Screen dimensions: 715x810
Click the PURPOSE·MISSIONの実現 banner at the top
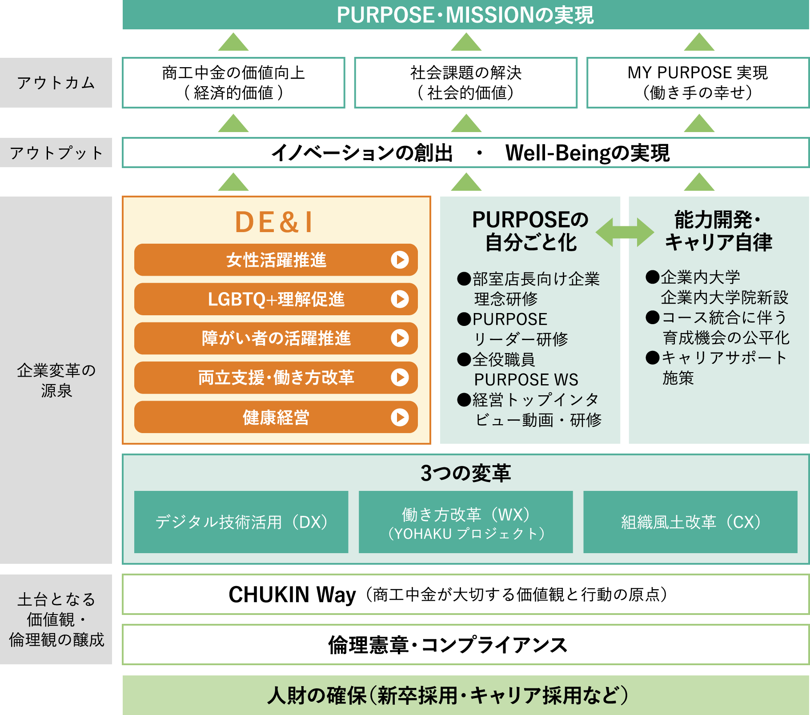[x=465, y=15]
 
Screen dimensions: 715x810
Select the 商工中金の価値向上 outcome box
[x=233, y=83]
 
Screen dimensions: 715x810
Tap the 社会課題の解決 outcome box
[x=465, y=83]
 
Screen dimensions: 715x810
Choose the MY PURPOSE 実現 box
[x=698, y=83]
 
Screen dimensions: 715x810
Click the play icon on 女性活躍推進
[x=400, y=260]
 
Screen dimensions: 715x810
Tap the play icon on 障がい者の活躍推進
[x=400, y=338]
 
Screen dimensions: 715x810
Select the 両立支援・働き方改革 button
[x=276, y=378]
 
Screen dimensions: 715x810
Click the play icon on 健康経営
[x=400, y=417]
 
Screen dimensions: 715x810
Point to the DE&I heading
[x=274, y=222]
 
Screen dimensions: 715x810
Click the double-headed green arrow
[x=625, y=232]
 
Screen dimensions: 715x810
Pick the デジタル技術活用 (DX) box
[x=241, y=522]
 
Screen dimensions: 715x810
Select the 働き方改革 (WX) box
[x=465, y=522]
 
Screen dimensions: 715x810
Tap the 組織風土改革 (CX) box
[x=690, y=522]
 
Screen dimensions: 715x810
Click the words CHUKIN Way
[x=292, y=594]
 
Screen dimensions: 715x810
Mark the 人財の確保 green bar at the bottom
[x=465, y=695]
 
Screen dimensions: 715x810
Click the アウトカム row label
[x=56, y=83]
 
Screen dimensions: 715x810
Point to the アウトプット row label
[x=56, y=153]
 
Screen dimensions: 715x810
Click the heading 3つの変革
[x=465, y=473]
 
